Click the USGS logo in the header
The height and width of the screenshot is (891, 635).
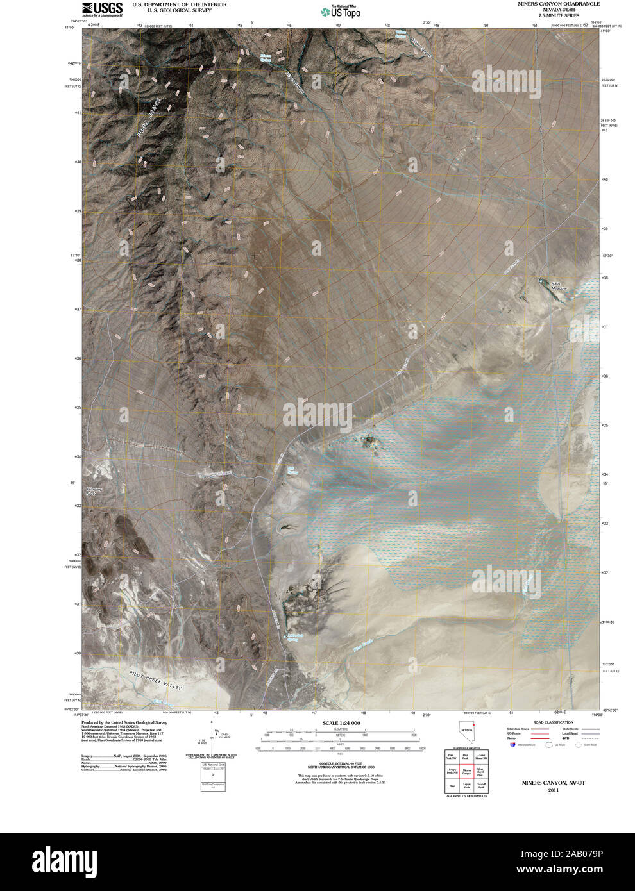102,9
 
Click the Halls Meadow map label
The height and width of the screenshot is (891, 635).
559,287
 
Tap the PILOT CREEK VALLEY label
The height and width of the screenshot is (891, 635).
156,681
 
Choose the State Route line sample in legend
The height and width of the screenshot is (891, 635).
589,729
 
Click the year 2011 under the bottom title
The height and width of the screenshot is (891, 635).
553,791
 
